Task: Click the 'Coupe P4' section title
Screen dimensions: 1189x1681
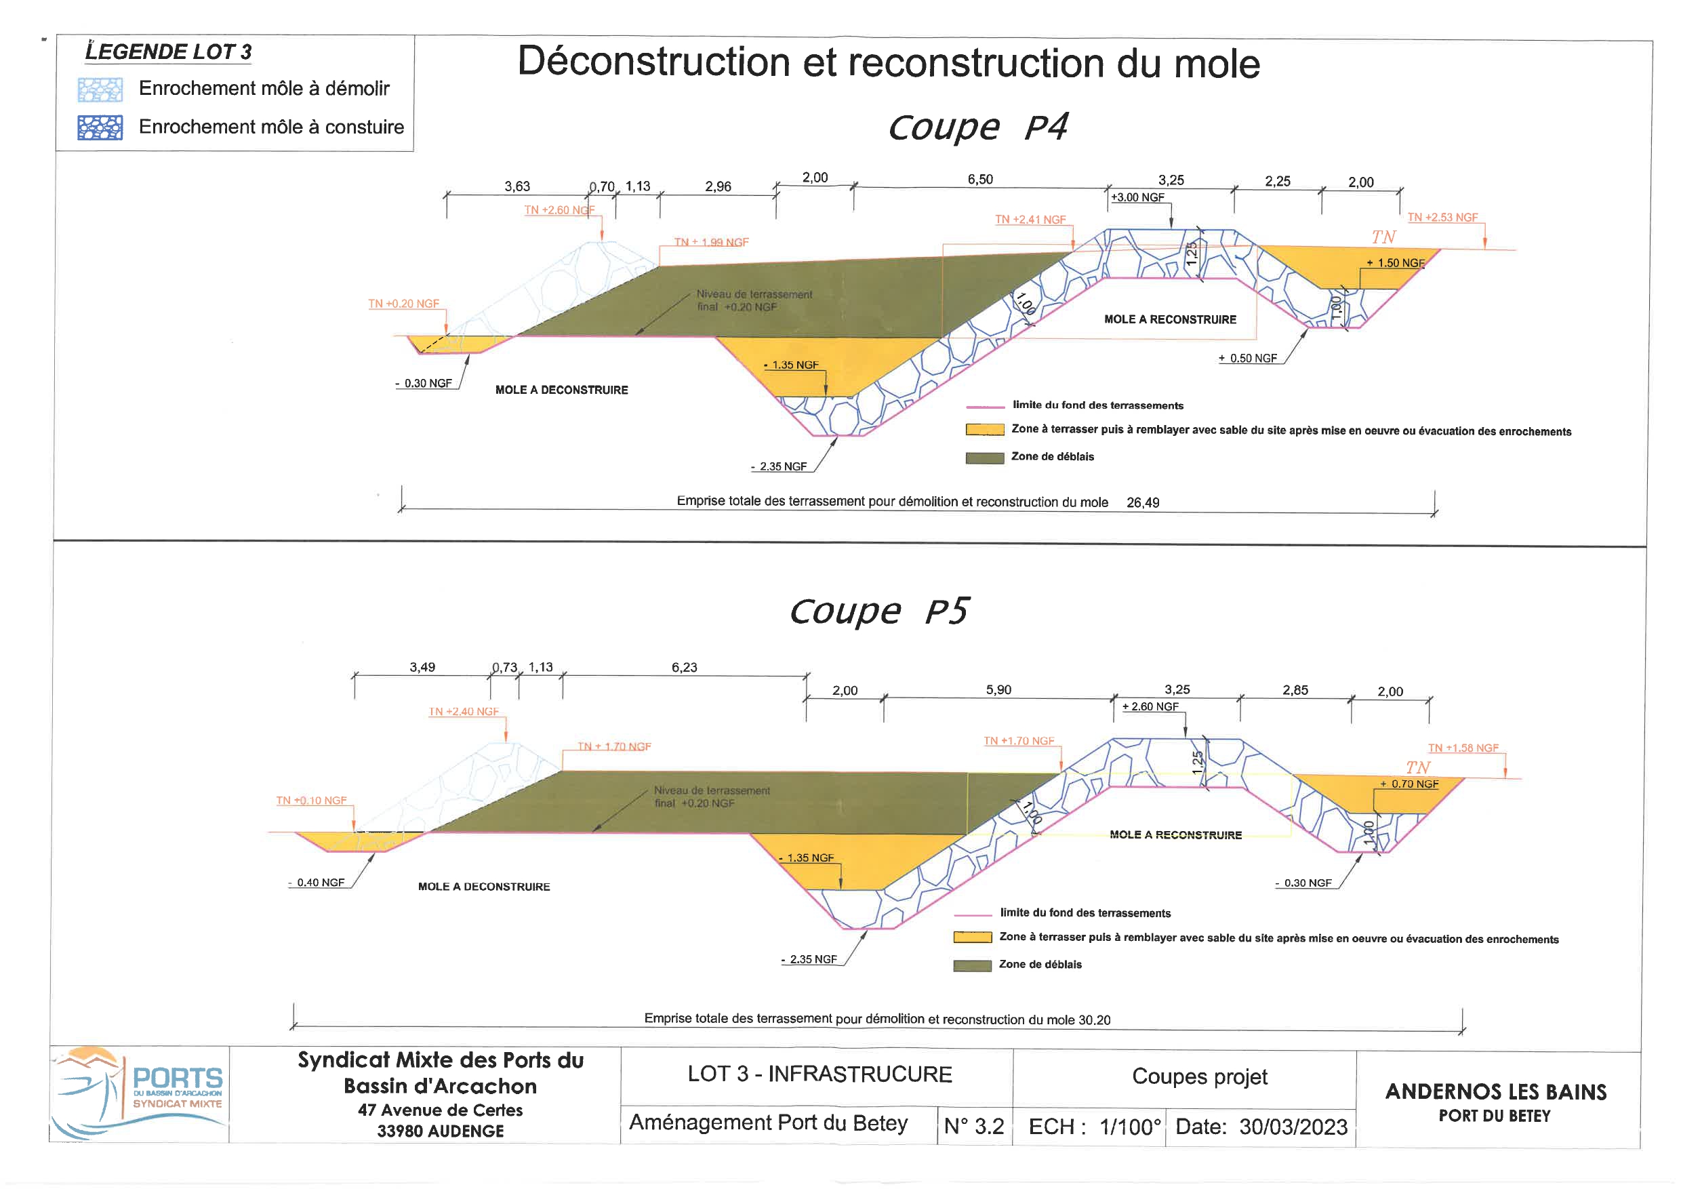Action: tap(977, 127)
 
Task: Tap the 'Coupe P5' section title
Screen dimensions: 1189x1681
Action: tap(878, 611)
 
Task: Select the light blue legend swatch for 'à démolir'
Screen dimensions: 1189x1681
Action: tap(100, 90)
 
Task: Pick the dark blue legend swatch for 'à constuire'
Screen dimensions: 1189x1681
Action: tap(100, 128)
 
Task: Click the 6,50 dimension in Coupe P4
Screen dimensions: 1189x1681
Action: tap(979, 180)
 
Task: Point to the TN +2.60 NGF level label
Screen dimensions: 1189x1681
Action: tap(559, 210)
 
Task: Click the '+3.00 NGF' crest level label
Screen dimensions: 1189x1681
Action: tap(1137, 198)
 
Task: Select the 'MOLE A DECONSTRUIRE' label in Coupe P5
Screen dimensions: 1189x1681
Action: tap(483, 887)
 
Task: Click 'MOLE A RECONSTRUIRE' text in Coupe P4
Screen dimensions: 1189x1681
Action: tap(1169, 320)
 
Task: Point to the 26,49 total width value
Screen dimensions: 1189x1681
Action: tap(1142, 503)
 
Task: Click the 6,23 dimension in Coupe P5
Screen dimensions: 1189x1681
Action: tap(684, 668)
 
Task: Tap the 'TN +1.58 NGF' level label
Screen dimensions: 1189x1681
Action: tap(1463, 748)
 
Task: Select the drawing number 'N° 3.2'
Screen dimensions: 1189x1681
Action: tap(974, 1127)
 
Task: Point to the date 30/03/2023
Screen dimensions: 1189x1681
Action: tap(1293, 1127)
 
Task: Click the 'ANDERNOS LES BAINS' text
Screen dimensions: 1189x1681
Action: tap(1495, 1092)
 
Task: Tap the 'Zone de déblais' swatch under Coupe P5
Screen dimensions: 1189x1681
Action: tap(971, 966)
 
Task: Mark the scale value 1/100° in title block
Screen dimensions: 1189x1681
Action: tap(1130, 1127)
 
